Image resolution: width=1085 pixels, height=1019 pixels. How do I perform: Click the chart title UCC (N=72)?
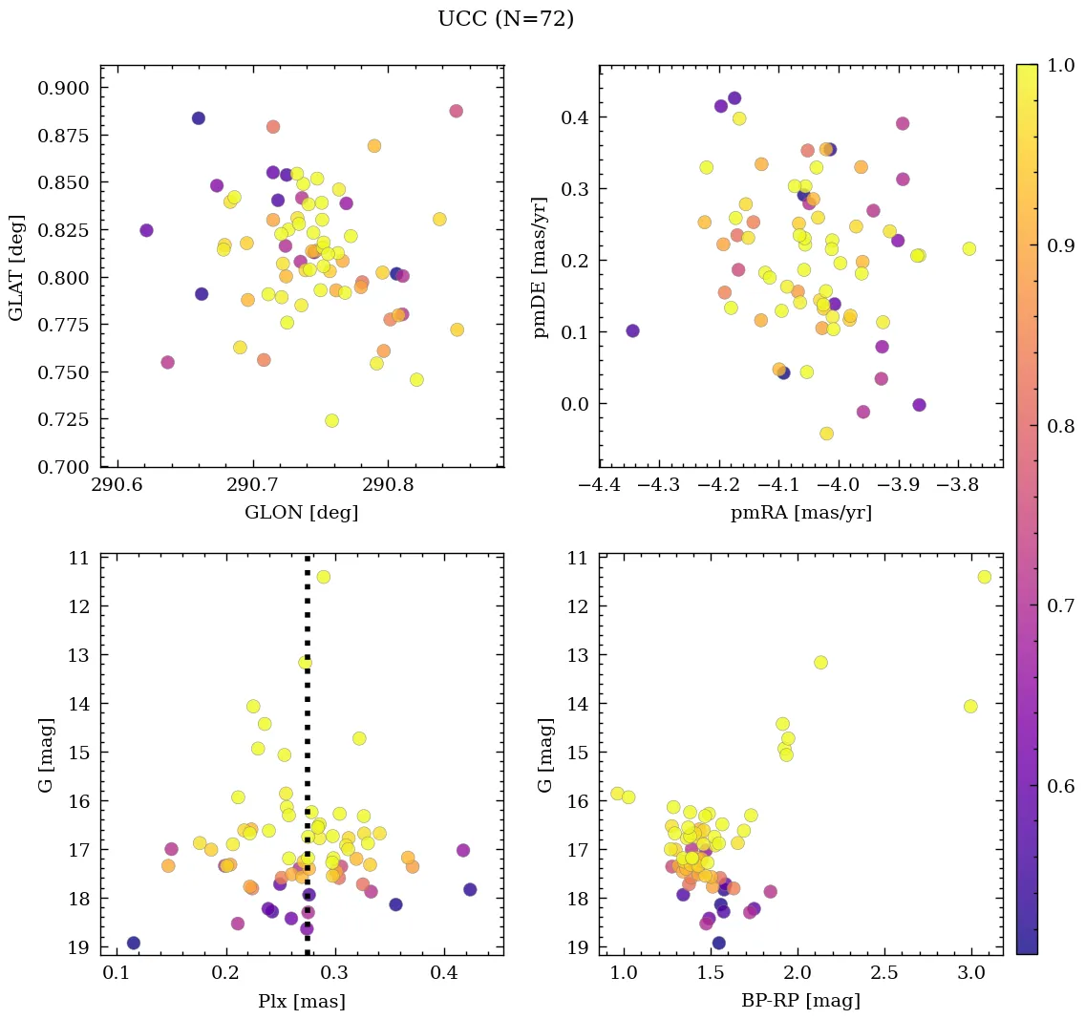(505, 19)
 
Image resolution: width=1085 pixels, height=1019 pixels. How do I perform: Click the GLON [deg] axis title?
(302, 513)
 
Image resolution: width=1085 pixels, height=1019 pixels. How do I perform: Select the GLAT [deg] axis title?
(16, 266)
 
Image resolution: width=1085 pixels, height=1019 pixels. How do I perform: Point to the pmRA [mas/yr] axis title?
(800, 513)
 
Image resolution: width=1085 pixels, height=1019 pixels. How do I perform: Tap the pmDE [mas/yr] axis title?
(541, 266)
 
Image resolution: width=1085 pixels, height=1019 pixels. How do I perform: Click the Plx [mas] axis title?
(302, 1001)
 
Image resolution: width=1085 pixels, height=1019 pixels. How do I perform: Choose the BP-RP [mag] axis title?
(800, 1001)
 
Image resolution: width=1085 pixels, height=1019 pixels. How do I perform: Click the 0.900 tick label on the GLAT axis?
(63, 88)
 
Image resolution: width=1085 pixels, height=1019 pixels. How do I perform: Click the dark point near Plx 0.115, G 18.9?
(134, 943)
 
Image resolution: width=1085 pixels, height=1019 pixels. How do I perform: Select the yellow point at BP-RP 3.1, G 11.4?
(985, 577)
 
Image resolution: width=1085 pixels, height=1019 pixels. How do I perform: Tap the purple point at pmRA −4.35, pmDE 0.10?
(632, 330)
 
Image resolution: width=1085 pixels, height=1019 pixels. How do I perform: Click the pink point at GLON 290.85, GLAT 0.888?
(456, 111)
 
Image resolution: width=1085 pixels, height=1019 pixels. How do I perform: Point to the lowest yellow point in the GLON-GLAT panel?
(331, 420)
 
